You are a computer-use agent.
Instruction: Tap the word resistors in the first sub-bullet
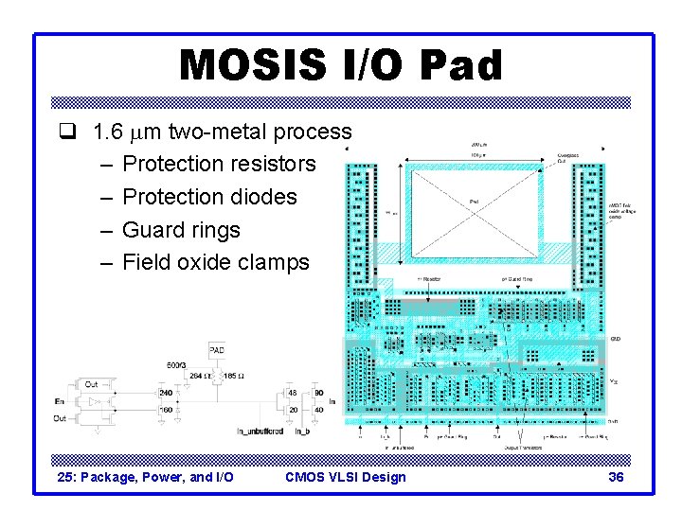click(x=270, y=164)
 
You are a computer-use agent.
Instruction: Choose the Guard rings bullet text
click(x=181, y=230)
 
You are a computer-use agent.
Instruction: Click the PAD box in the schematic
click(x=217, y=350)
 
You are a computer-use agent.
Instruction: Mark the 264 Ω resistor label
click(x=197, y=376)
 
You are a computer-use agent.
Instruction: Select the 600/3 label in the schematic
click(x=176, y=364)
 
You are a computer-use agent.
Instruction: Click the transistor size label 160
click(x=166, y=410)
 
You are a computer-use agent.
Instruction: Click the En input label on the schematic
click(x=61, y=402)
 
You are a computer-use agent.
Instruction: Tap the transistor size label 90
click(x=318, y=393)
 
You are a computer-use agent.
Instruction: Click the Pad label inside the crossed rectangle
click(x=475, y=201)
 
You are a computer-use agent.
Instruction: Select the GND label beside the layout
click(x=615, y=338)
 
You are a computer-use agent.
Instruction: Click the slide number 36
click(x=616, y=477)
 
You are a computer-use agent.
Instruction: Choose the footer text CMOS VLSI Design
click(x=345, y=477)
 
